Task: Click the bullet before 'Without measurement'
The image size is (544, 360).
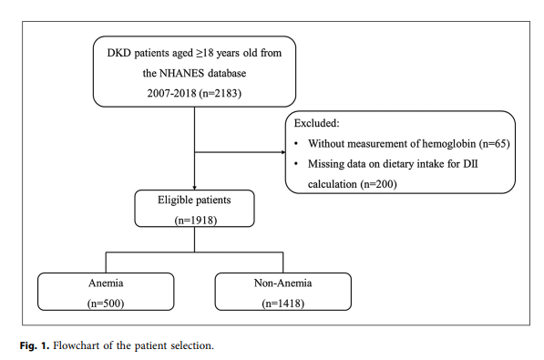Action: pos(297,143)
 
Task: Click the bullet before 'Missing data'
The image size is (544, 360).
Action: pos(297,164)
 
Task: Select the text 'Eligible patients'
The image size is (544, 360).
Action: pos(195,199)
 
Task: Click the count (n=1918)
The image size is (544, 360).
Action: pos(195,219)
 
